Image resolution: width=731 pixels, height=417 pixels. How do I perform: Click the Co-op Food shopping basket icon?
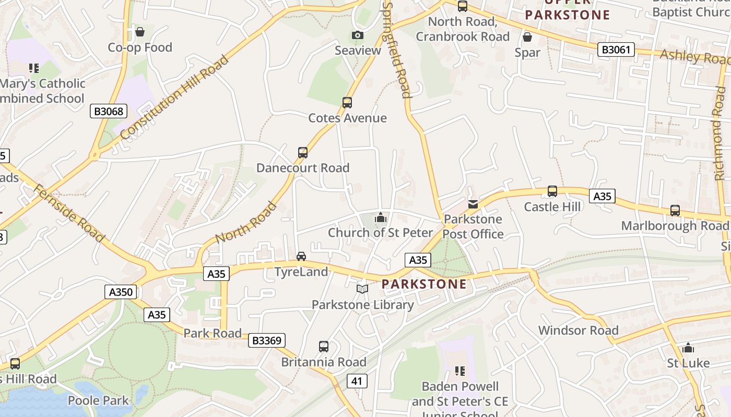(139, 32)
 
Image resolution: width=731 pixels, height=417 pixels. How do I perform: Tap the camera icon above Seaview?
(358, 35)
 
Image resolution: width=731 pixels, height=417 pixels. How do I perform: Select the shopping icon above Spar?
(527, 37)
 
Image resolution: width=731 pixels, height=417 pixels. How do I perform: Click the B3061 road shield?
(616, 50)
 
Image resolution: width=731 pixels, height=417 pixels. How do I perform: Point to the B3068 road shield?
(109, 111)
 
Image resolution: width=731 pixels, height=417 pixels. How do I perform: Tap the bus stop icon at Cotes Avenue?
(347, 102)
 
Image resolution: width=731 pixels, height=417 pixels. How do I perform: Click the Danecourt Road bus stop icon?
(303, 152)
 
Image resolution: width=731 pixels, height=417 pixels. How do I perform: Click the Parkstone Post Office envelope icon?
(473, 204)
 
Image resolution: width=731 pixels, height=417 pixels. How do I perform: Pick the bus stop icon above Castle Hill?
(552, 191)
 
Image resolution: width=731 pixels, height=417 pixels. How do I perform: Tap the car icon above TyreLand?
(301, 256)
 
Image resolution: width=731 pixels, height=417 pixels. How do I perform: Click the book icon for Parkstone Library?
(362, 288)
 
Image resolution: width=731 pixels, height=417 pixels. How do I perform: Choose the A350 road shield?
(121, 292)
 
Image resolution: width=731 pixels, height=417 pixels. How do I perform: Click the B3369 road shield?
(266, 340)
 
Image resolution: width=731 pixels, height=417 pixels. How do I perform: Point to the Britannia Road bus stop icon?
(324, 346)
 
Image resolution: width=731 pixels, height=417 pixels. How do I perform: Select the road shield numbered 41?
(357, 381)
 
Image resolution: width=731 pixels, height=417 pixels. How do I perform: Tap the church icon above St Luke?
(688, 348)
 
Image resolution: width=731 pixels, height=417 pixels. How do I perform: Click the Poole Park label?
(98, 400)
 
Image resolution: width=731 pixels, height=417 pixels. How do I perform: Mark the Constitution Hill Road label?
(174, 97)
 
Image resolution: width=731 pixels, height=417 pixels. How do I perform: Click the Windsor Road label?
(578, 330)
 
